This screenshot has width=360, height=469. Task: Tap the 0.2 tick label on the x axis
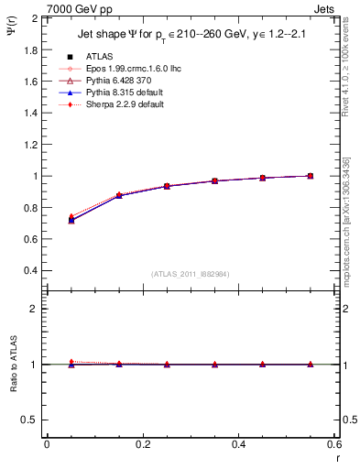click(x=142, y=444)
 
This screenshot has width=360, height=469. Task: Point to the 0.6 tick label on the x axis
click(x=333, y=444)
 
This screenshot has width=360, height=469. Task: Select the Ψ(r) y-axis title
click(x=11, y=28)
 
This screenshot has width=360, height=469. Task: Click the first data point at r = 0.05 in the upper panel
click(x=71, y=220)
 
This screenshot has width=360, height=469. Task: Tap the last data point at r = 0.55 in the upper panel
click(x=311, y=176)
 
